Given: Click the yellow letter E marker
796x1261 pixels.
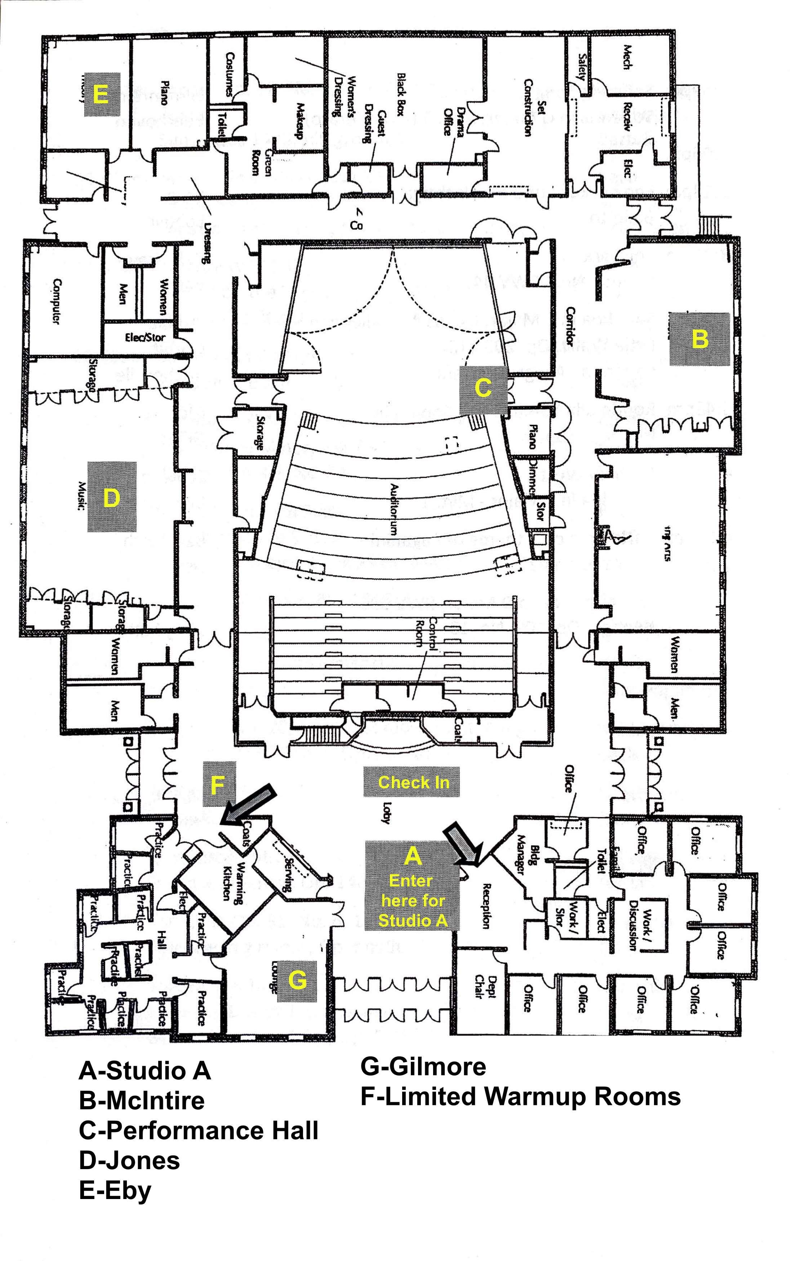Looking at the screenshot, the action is pos(100,95).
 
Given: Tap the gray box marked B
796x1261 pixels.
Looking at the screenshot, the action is pos(699,339).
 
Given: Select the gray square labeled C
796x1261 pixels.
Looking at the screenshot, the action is pos(483,389).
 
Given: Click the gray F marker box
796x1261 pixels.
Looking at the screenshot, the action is pos(219,784).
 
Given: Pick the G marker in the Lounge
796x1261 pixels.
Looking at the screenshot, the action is pos(297,979).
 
